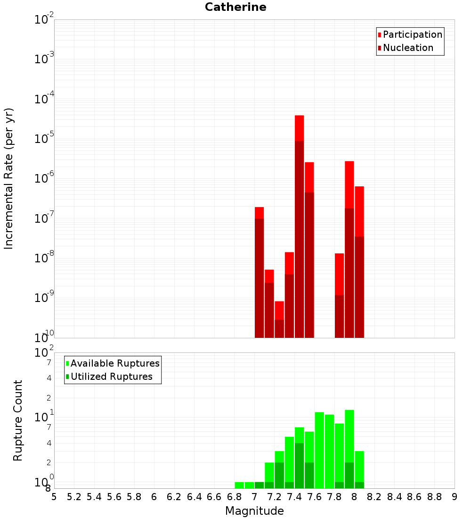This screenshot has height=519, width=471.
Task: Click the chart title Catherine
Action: [235, 8]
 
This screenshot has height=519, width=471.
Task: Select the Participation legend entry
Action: [410, 34]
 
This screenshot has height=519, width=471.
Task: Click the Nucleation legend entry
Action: [405, 48]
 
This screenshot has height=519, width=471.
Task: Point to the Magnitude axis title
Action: [254, 511]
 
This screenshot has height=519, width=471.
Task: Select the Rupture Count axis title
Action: [18, 420]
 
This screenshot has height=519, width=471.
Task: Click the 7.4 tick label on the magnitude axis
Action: [294, 497]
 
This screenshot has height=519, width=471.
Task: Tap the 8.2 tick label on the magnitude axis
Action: [374, 497]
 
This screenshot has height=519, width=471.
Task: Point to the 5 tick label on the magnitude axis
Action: [54, 497]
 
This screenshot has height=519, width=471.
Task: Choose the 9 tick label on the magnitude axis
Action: [455, 497]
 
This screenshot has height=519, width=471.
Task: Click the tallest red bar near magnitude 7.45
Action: [299, 226]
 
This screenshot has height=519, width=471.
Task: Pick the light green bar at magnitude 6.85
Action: [239, 485]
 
